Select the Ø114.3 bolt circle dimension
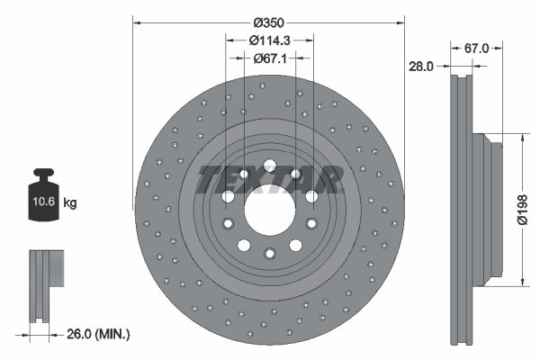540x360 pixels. pos(268,40)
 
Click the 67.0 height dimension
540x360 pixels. pos(476,49)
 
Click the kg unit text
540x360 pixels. pos(70,203)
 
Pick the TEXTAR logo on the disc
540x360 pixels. pos(269,179)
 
